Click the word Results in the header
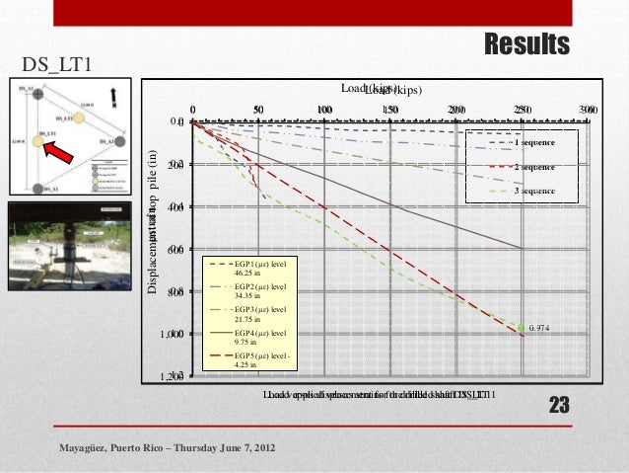(526, 44)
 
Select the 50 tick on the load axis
(258, 110)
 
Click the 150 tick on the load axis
(390, 110)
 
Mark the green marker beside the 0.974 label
(522, 327)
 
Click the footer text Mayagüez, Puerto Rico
(169, 450)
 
